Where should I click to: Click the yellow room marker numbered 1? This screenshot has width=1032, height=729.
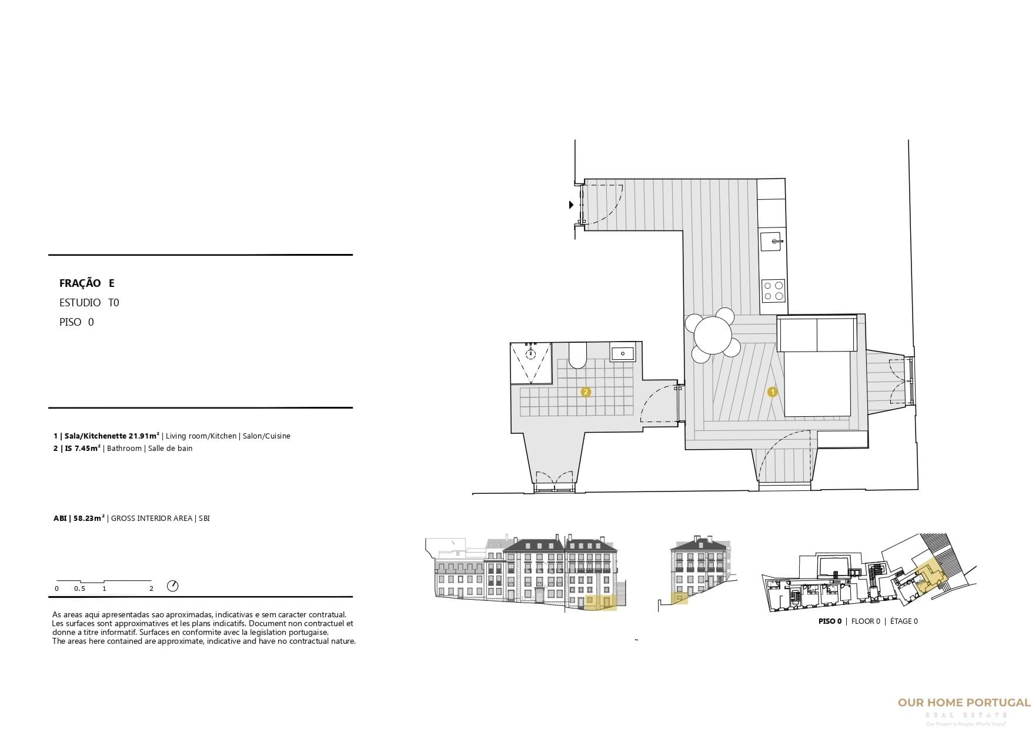coord(773,392)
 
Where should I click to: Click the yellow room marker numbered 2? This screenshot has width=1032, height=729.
coord(586,392)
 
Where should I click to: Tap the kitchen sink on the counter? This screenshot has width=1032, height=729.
coord(772,241)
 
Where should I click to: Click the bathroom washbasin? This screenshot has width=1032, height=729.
coord(622,353)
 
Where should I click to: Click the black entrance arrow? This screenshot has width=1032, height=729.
coord(570,205)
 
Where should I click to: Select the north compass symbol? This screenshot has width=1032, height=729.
coord(173,586)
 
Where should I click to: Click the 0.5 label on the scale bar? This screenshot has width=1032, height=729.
coord(79,588)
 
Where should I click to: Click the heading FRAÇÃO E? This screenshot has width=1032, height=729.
coord(87,283)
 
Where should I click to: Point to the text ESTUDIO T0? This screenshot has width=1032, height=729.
coord(89,303)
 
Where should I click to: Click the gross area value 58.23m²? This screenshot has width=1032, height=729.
coord(89,519)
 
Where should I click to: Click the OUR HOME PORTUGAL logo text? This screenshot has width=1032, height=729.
coord(964,703)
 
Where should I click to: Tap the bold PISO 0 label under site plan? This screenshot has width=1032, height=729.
coord(830,621)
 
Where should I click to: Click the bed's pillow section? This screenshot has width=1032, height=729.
coord(816,334)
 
